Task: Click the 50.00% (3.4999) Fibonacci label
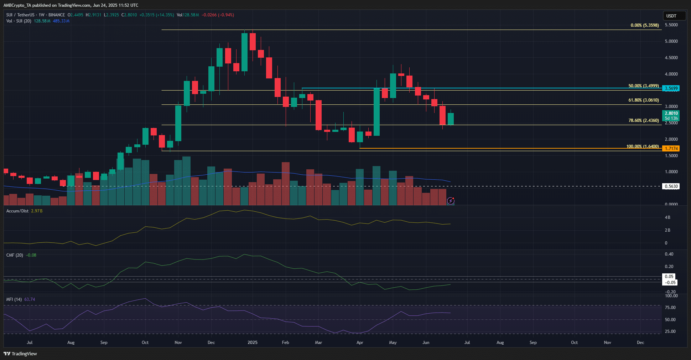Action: pyautogui.click(x=643, y=86)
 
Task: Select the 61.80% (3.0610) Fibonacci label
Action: pyautogui.click(x=643, y=100)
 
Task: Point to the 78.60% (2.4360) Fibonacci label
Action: pyautogui.click(x=643, y=120)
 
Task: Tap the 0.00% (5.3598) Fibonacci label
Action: pyautogui.click(x=644, y=25)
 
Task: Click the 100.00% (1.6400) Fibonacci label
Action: pyautogui.click(x=642, y=146)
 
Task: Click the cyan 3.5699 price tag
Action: pyautogui.click(x=671, y=88)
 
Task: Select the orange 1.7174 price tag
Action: pyautogui.click(x=671, y=148)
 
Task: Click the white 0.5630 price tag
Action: pyautogui.click(x=671, y=186)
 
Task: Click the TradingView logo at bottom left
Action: pyautogui.click(x=20, y=354)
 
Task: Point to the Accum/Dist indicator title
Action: pyautogui.click(x=17, y=211)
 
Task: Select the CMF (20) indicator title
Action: pyautogui.click(x=15, y=255)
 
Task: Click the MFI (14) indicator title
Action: pyautogui.click(x=14, y=299)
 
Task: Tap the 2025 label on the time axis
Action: pyautogui.click(x=252, y=343)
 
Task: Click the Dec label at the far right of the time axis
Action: pyautogui.click(x=640, y=343)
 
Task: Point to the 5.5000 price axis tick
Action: pyautogui.click(x=671, y=25)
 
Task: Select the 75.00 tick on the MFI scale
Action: pyautogui.click(x=670, y=308)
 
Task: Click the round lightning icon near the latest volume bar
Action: pyautogui.click(x=451, y=201)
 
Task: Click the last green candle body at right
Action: pyautogui.click(x=451, y=119)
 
